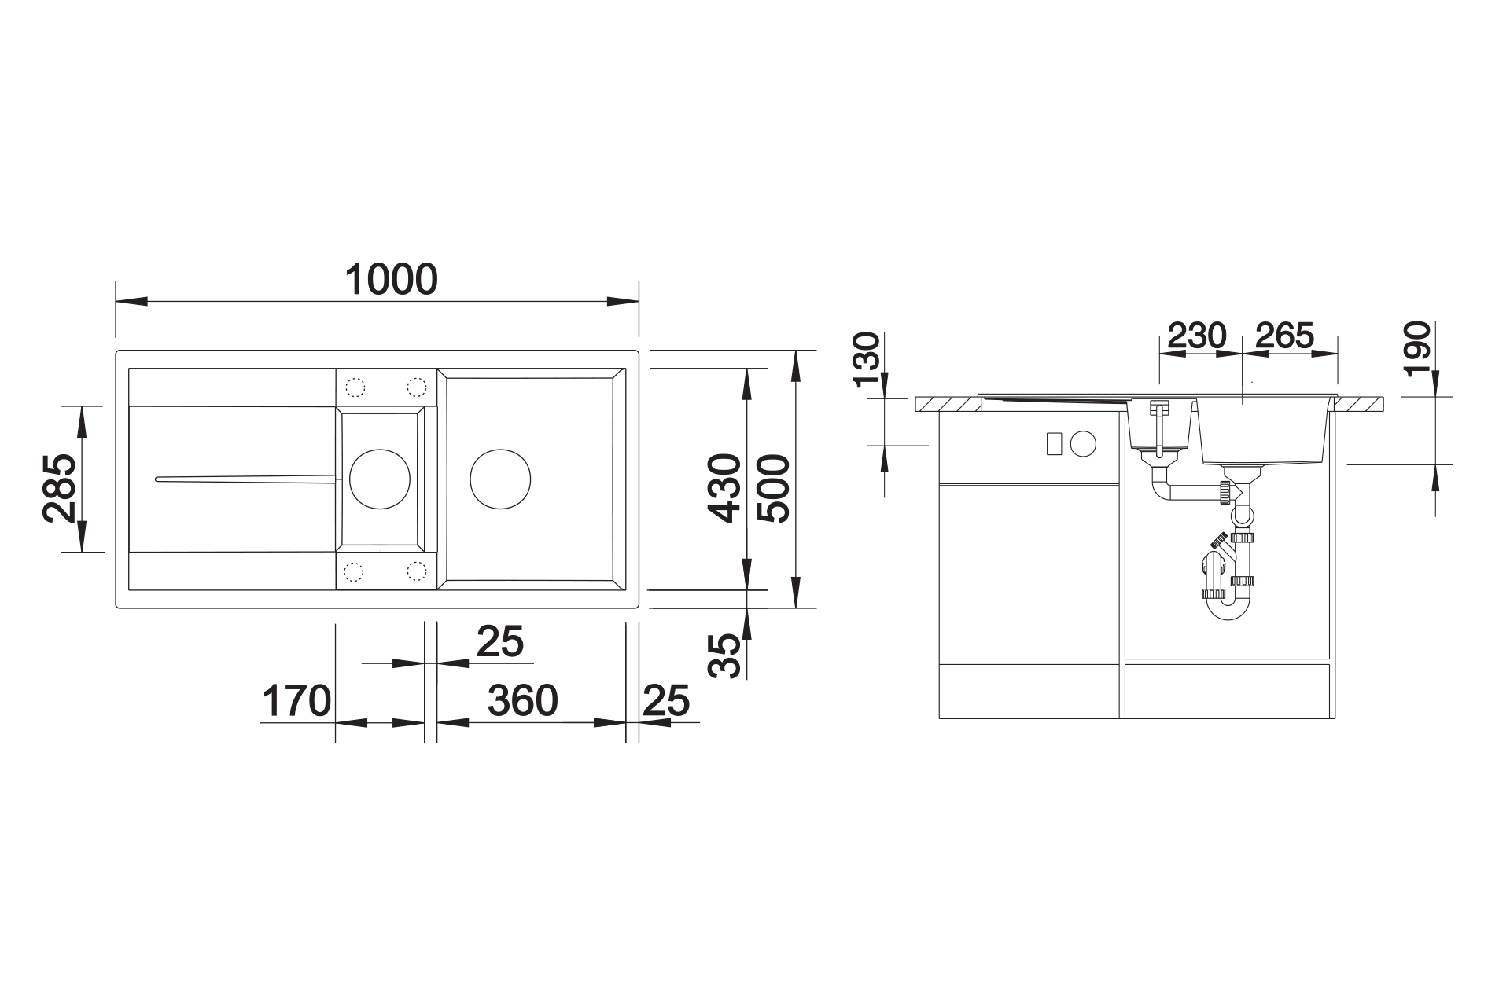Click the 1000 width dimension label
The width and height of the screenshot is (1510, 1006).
tap(392, 280)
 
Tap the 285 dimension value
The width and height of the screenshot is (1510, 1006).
tap(60, 488)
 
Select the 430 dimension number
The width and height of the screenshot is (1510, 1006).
tap(724, 488)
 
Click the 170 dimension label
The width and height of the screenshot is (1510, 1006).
tap(296, 701)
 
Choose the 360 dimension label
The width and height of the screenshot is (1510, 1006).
tap(523, 700)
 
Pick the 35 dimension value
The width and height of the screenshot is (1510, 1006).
tap(724, 655)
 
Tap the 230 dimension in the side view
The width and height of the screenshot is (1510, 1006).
tap(1196, 336)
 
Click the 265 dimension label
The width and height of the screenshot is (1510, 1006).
tap(1284, 336)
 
